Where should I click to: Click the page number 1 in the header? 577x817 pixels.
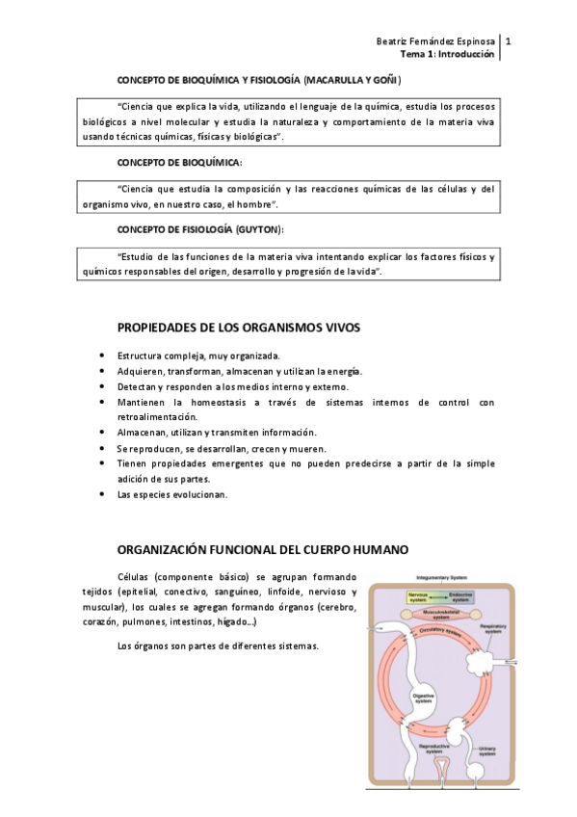coord(508,42)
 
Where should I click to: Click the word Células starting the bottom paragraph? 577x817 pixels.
coord(136,576)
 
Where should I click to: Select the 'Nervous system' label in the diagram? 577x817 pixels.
coord(417,596)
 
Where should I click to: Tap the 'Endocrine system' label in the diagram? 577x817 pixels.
coord(460,596)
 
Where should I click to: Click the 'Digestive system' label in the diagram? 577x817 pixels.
coord(423,698)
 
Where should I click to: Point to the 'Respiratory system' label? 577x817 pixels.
coord(492,629)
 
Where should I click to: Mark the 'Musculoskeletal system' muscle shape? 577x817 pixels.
coord(440,614)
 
